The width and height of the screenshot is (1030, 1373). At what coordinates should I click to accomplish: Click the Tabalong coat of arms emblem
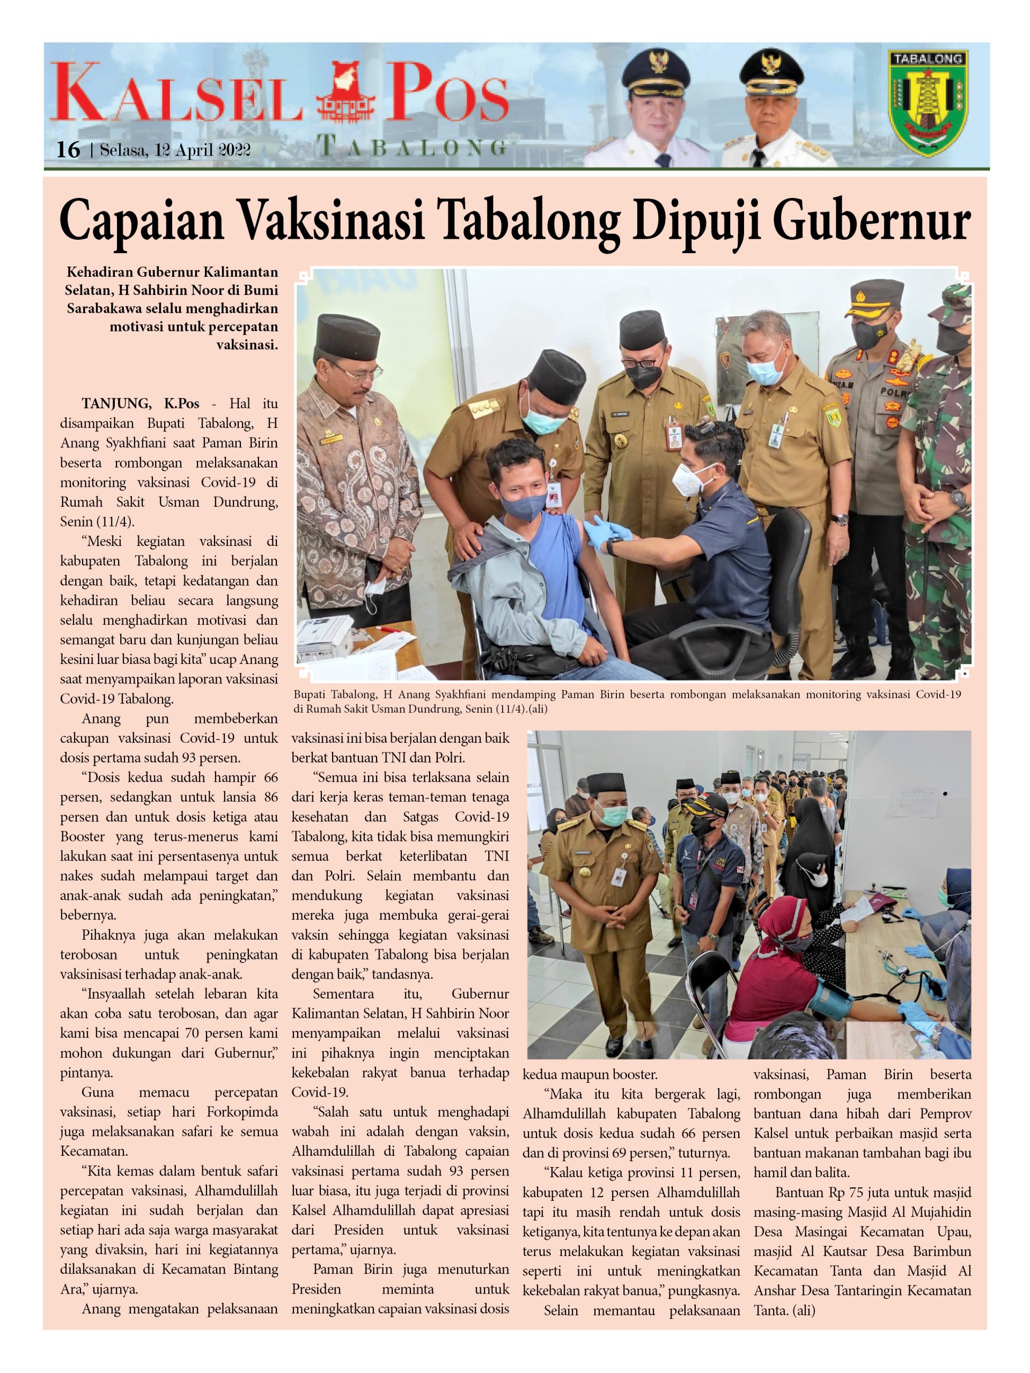point(928,103)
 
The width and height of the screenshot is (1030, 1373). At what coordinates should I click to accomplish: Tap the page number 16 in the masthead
point(68,150)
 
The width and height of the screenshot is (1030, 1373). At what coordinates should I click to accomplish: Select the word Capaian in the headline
point(141,222)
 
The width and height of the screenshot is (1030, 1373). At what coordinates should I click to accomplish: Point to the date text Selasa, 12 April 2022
point(174,150)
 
